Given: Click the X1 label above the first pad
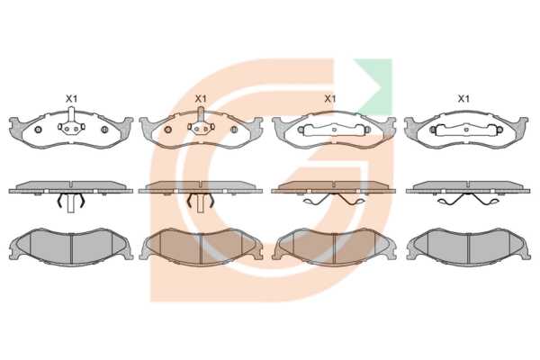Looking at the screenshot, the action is [72, 99].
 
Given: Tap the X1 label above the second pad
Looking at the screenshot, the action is [201, 99].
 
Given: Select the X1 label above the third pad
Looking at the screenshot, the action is [330, 99].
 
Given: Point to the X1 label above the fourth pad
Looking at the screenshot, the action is [463, 99].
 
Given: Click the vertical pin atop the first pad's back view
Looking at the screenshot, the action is [71, 114].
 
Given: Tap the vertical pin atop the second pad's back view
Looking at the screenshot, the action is [201, 114].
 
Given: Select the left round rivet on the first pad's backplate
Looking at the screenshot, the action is [38, 130].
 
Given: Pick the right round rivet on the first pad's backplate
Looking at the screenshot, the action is [104, 130].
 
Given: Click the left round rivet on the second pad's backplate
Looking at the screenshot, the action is [167, 130].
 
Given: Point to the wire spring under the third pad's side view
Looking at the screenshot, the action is [334, 200].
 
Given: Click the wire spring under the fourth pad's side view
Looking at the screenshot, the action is [467, 200].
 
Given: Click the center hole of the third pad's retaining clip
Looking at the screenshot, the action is [334, 130].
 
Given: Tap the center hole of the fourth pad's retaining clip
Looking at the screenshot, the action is [466, 130].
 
